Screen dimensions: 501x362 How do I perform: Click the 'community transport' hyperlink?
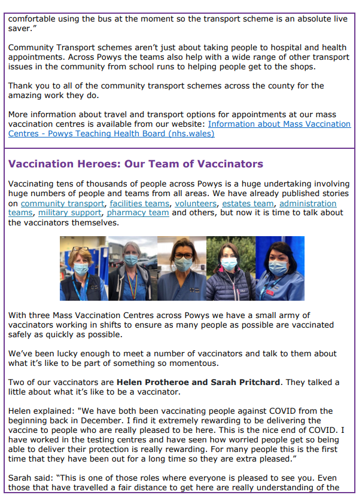click(x=62, y=204)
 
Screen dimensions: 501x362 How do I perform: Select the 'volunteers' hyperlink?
click(x=196, y=204)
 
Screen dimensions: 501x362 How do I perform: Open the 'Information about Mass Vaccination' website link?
click(x=279, y=124)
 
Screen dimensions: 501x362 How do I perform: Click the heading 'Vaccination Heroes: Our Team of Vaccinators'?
click(x=136, y=164)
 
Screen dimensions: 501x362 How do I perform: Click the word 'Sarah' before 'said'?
click(x=21, y=478)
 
